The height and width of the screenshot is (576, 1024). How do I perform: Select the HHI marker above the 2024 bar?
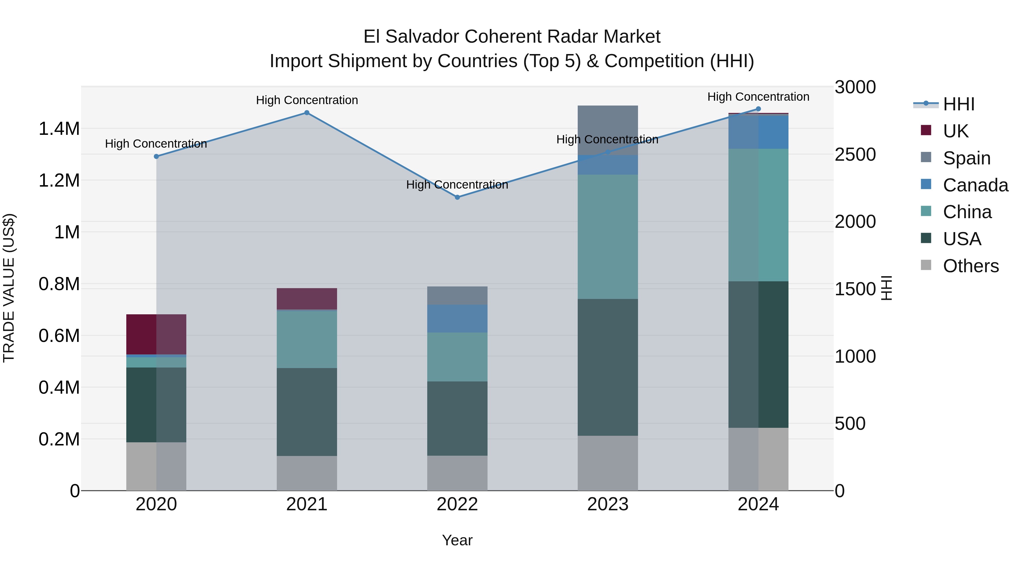[x=758, y=109]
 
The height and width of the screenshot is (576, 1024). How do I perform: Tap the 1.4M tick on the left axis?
[x=59, y=129]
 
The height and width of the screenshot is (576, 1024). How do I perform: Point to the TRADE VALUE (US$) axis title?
[x=9, y=288]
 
